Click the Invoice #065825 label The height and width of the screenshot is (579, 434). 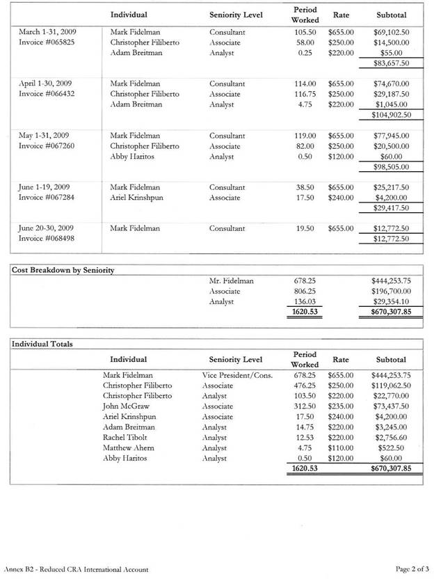tap(47, 42)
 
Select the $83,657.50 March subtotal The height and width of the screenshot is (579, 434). tap(392, 63)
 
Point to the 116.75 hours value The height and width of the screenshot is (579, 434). tap(305, 94)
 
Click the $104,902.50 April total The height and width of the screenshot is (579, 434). tap(390, 116)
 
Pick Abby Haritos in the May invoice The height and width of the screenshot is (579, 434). tap(132, 157)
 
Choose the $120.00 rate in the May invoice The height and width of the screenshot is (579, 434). tap(341, 157)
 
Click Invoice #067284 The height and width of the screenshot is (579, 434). tap(47, 198)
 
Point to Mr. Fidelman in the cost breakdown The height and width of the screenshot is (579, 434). tap(231, 281)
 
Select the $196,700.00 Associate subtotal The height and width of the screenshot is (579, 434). tap(392, 291)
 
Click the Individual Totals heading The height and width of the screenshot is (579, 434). tap(43, 344)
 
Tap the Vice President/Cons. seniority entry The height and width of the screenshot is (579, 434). tap(236, 374)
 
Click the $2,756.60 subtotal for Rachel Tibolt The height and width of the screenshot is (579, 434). tap(394, 437)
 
